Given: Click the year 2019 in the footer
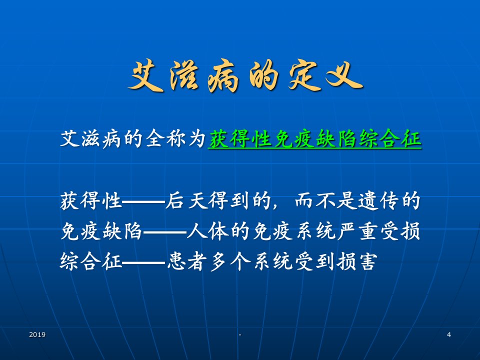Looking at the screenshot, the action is [x=37, y=334].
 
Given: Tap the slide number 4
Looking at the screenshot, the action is [x=449, y=334].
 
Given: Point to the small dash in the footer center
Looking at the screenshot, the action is [x=240, y=334].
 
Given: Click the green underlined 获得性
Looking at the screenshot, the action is [x=240, y=139].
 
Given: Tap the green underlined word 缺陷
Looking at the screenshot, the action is [x=336, y=139].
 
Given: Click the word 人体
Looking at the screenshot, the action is [x=208, y=231].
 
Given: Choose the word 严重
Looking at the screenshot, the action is [x=357, y=231].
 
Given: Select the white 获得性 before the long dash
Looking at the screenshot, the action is [x=91, y=201].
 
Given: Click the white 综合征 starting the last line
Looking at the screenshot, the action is [x=91, y=262].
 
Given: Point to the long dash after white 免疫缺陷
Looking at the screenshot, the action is [x=165, y=232].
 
